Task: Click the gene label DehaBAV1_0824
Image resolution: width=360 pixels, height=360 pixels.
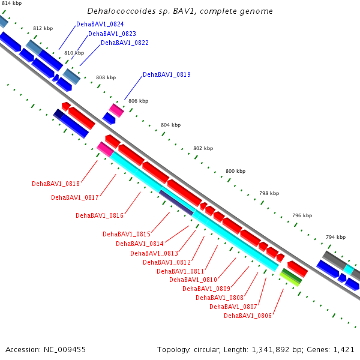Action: point(100,24)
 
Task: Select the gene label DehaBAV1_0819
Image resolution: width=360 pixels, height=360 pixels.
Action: point(167,74)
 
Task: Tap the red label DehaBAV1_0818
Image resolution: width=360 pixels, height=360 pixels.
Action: point(56,184)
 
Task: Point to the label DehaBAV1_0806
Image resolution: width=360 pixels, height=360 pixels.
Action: point(248,316)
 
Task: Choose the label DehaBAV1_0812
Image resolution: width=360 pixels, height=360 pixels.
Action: point(167,262)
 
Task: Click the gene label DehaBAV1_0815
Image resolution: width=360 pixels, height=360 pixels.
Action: point(127,234)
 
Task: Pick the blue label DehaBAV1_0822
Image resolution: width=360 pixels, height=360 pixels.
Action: point(125,43)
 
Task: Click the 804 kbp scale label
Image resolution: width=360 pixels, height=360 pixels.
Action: point(171,125)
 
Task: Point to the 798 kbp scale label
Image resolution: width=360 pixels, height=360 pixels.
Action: point(269,193)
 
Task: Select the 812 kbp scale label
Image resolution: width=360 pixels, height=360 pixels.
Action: point(43,28)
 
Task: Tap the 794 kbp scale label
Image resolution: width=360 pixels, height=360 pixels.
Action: point(335,237)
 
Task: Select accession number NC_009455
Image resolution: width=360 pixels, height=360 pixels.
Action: point(65,350)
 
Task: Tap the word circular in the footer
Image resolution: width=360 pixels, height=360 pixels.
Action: point(206,350)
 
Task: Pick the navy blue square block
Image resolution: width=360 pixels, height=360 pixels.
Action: point(58,114)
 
